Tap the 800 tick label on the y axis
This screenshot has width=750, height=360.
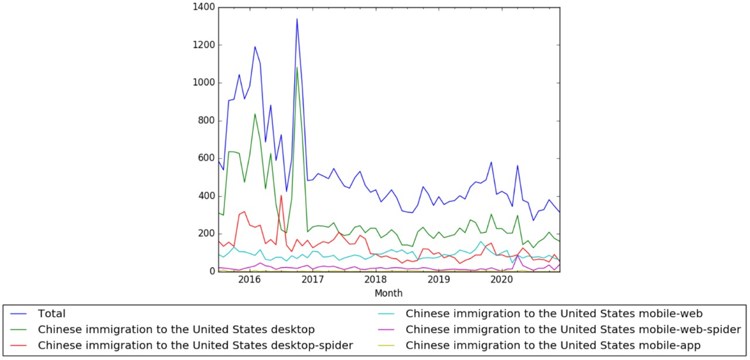coord(206,121)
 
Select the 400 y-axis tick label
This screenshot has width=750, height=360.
coord(206,196)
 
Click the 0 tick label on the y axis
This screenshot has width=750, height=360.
coord(211,271)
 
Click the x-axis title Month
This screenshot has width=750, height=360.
coord(388,293)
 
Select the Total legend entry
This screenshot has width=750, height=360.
coord(52,314)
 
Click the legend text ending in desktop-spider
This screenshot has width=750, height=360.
coord(195,345)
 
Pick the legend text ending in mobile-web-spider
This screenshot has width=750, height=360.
coord(573,330)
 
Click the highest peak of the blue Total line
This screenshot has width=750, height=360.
coord(297,19)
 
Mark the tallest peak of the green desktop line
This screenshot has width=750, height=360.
coord(297,67)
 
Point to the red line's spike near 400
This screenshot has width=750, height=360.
coord(281,196)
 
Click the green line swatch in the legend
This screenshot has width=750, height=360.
coord(21,330)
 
